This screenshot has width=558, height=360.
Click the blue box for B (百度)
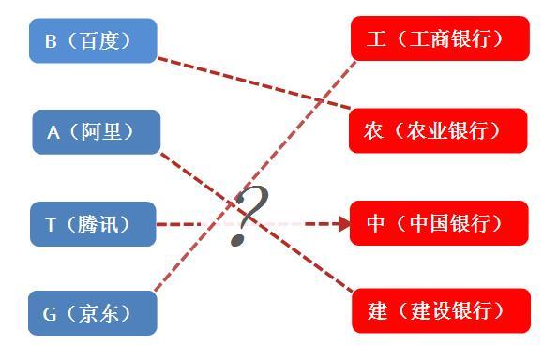coord(93,40)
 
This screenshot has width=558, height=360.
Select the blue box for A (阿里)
coord(97,132)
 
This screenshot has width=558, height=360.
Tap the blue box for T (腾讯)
coord(93,224)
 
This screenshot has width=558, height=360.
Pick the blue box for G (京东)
coord(93,313)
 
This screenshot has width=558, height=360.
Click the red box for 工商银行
coord(439,38)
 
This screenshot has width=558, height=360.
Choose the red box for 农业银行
coord(439,130)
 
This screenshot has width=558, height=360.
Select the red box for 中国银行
coord(439,222)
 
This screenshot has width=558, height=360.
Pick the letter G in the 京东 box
coord(51,314)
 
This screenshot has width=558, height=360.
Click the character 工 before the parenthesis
coord(376,39)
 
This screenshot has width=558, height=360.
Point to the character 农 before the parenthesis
coord(374,131)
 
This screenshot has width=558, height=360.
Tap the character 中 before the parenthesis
coord(376,223)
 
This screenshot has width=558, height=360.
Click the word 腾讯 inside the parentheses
coord(103,225)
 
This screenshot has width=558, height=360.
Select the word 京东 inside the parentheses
coord(103,314)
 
